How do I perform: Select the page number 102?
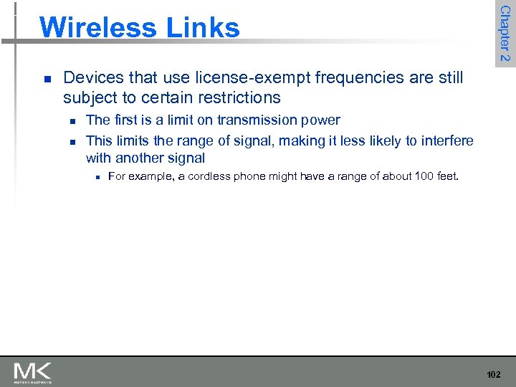click(494, 374)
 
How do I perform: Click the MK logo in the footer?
click(32, 372)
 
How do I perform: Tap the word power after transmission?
click(319, 120)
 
